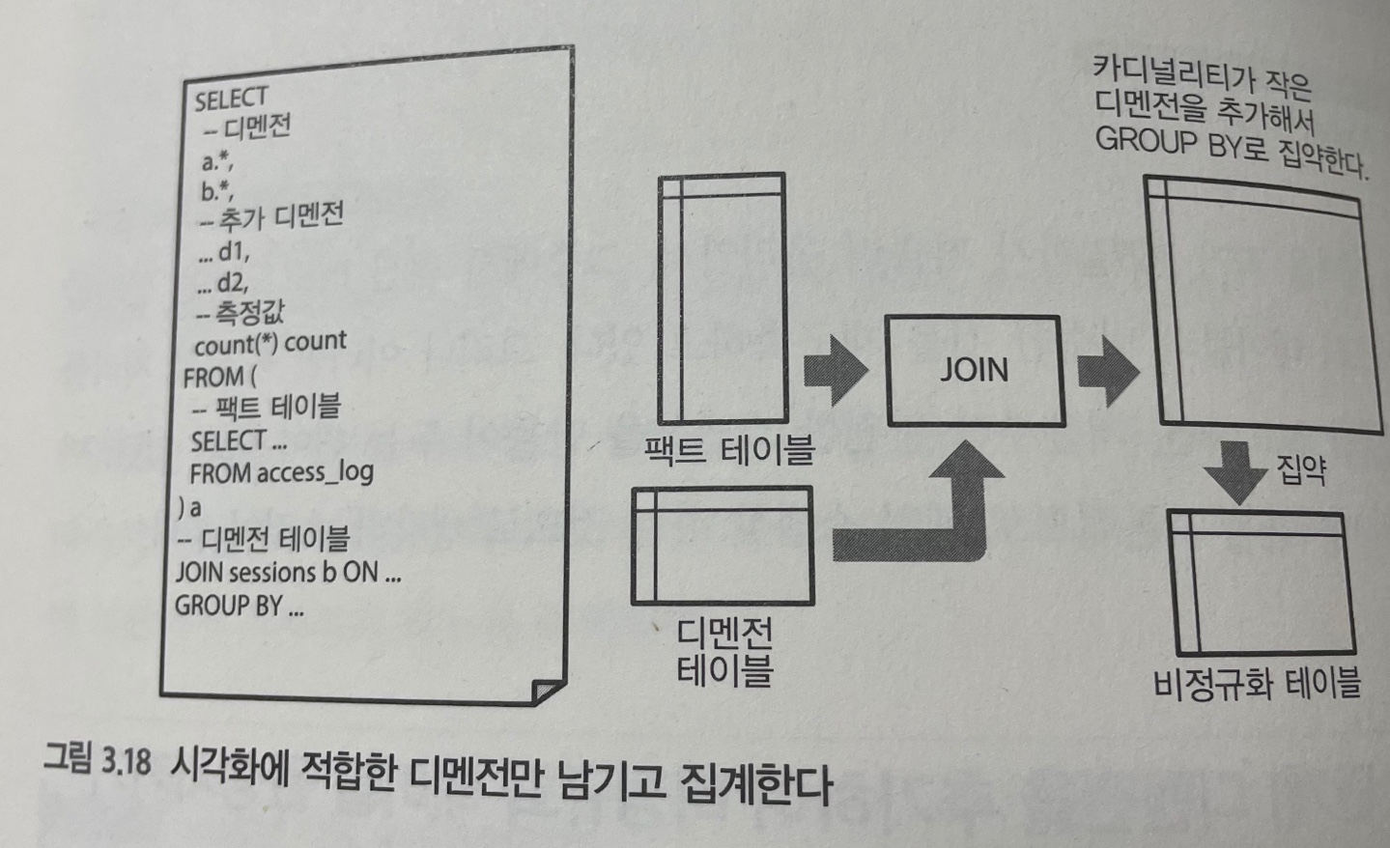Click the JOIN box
pyautogui.click(x=974, y=371)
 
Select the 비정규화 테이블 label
pyautogui.click(x=1256, y=685)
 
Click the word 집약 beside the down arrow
pyautogui.click(x=1301, y=470)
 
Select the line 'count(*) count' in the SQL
pyautogui.click(x=269, y=343)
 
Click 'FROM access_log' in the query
pyautogui.click(x=281, y=473)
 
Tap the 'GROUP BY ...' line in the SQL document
pyautogui.click(x=239, y=607)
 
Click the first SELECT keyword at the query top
pyautogui.click(x=231, y=99)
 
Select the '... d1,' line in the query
pyautogui.click(x=223, y=253)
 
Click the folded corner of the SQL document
pyautogui.click(x=547, y=692)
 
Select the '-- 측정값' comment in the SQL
pyautogui.click(x=241, y=313)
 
